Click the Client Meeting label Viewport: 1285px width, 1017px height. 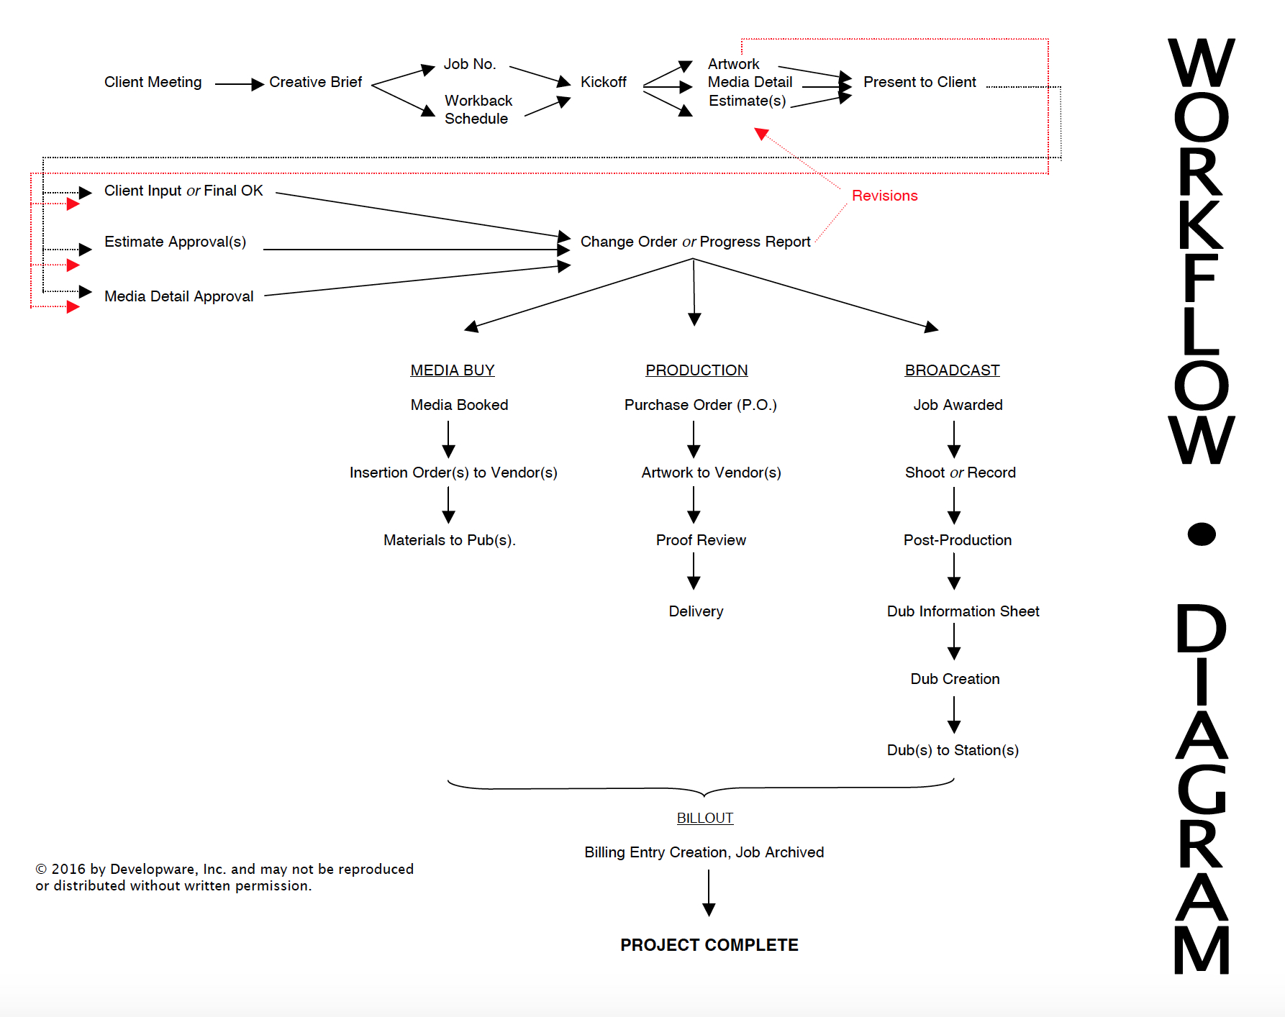coord(153,82)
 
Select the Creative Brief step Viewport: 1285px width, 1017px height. coord(315,82)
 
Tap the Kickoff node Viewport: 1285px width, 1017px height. coord(603,82)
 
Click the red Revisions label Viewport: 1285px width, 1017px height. coord(884,196)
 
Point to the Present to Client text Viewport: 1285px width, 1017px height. coord(920,82)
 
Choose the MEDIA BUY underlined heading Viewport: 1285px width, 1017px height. coord(452,370)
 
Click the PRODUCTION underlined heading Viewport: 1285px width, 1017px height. coord(696,370)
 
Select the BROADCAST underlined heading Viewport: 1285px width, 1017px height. coord(952,370)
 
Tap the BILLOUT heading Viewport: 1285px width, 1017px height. coord(704,818)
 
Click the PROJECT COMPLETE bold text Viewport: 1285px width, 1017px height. coord(709,945)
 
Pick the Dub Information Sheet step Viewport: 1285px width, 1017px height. coord(963,611)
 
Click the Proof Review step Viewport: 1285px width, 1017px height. coord(701,540)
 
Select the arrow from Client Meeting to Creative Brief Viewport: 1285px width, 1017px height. coord(239,84)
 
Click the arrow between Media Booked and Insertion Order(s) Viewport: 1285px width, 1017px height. coord(448,439)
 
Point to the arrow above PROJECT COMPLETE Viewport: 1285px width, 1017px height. coord(709,893)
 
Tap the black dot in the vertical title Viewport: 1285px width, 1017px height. coord(1201,534)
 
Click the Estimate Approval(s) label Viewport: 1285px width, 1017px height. coord(175,242)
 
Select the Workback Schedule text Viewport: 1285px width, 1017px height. coord(478,109)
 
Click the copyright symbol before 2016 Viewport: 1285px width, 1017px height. coord(41,869)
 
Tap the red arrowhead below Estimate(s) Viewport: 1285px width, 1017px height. coord(761,134)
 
